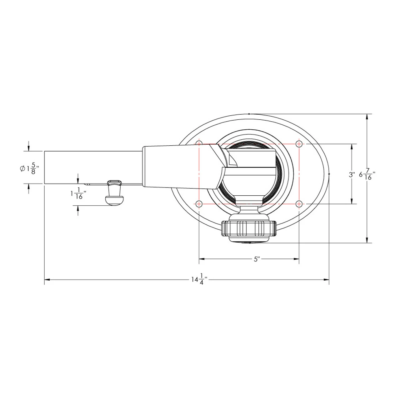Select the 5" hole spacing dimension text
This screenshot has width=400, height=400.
(x=257, y=259)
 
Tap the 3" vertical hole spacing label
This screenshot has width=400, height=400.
(x=352, y=175)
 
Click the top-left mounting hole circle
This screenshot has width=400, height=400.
(x=199, y=144)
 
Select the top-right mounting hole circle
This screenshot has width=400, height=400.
(x=299, y=144)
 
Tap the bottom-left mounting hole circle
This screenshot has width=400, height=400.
(x=199, y=204)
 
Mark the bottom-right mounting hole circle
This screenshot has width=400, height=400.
(x=299, y=204)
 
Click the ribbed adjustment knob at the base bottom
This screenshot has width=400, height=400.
(x=249, y=228)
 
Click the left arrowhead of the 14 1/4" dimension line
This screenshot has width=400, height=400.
(x=47, y=279)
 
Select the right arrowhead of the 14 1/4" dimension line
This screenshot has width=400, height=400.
(x=327, y=279)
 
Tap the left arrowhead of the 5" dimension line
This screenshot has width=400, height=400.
(x=202, y=259)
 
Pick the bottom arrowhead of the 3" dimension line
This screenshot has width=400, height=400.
(x=352, y=201)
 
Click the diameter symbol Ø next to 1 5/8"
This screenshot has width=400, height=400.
(x=22, y=169)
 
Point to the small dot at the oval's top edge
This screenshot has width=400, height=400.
(x=249, y=114)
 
